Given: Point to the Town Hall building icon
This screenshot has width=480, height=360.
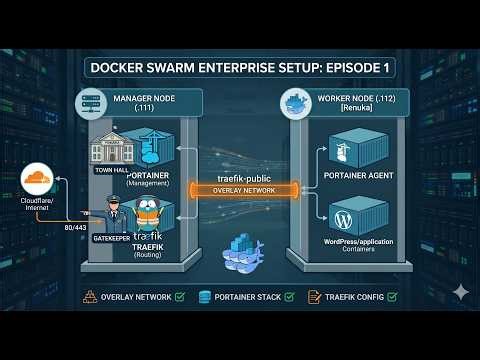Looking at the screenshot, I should pos(112,147).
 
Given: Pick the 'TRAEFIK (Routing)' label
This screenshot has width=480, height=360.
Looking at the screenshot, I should pos(148,249).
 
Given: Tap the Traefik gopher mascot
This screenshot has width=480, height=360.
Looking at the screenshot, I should pos(149,211).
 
